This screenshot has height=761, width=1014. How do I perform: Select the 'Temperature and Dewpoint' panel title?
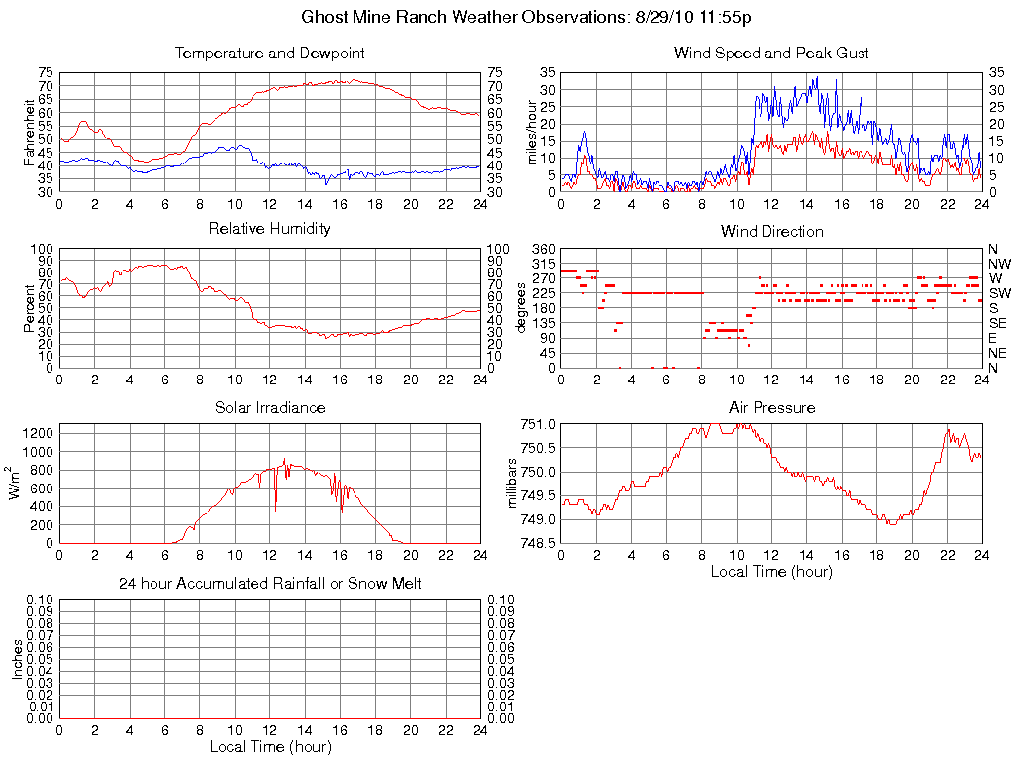(x=269, y=54)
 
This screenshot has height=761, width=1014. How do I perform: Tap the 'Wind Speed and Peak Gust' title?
(x=771, y=54)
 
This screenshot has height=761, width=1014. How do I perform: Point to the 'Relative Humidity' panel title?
(x=269, y=229)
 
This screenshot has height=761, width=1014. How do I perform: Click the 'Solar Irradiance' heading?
(x=269, y=407)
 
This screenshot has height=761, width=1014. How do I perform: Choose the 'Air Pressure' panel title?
(x=771, y=407)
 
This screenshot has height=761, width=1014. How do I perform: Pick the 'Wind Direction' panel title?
(x=771, y=232)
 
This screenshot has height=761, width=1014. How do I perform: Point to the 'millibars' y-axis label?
(x=512, y=484)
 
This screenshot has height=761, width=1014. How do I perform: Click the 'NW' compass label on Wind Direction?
(x=999, y=264)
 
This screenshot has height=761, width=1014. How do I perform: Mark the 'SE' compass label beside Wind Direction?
(x=998, y=323)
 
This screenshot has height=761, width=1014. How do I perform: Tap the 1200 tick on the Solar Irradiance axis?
(x=39, y=432)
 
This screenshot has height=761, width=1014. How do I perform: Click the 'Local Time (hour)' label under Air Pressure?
(x=771, y=571)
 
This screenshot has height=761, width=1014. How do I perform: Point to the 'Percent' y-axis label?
(x=29, y=308)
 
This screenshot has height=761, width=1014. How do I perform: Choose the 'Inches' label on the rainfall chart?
(x=17, y=659)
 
